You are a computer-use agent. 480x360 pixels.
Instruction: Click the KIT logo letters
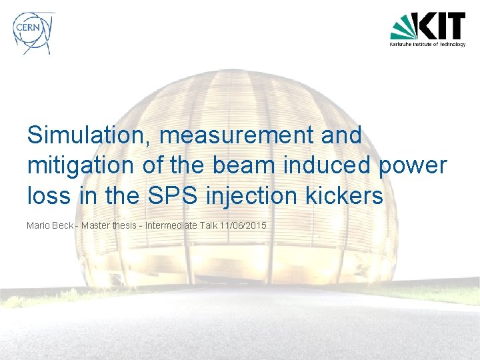click(441, 26)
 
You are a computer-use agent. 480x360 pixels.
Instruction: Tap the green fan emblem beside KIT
click(404, 27)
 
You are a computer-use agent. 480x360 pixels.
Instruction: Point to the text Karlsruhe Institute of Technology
click(427, 45)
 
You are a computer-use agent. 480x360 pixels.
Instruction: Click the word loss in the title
click(45, 196)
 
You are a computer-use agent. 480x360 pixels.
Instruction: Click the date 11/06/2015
click(243, 225)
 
